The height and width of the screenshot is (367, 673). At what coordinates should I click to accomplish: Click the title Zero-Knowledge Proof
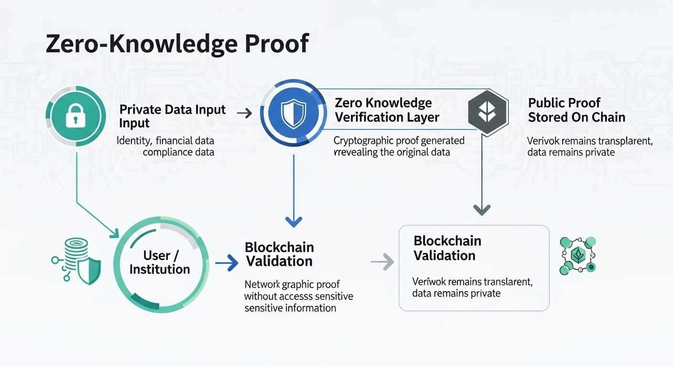pos(177,44)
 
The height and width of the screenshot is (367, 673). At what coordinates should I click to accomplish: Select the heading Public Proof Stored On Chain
pos(576,110)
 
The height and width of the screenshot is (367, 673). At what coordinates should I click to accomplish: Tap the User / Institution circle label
pos(160,262)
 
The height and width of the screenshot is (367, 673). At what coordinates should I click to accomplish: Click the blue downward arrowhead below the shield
pos(293,221)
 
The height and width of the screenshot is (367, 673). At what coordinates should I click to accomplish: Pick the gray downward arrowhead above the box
pos(482,209)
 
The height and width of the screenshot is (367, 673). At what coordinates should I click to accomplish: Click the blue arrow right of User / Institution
pos(227,262)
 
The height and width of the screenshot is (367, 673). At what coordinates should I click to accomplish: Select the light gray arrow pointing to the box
pos(382,262)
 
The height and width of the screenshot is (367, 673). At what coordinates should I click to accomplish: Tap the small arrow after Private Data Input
pos(244,113)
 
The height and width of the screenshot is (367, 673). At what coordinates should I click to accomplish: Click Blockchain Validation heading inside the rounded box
pos(446,248)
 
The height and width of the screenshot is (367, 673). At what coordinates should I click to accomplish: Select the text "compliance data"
pos(178,152)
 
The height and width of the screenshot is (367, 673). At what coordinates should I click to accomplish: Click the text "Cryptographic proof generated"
pos(399,140)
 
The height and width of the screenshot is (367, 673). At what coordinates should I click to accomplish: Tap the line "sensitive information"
pos(290,308)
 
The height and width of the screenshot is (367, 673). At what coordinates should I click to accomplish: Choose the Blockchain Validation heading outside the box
pos(279,254)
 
